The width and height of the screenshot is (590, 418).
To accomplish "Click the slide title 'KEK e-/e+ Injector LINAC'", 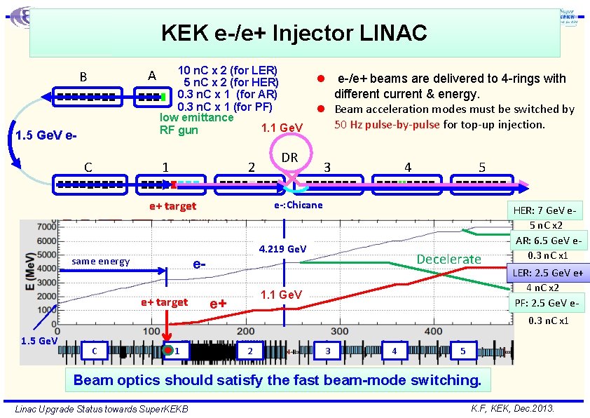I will tap(294, 33).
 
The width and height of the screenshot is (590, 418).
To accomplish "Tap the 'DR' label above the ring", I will tap(289, 158).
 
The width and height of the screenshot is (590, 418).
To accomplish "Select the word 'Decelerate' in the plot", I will tap(448, 259).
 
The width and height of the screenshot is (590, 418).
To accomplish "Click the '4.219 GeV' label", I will tap(282, 249).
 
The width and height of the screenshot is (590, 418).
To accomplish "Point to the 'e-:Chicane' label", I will tap(298, 205).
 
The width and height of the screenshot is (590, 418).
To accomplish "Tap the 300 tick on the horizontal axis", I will tap(339, 331).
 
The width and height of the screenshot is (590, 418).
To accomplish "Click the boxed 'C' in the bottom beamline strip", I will tap(95, 350).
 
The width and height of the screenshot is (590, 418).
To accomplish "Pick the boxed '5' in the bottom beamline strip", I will tap(462, 350).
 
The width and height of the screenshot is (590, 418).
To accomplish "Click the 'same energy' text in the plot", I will tap(101, 262).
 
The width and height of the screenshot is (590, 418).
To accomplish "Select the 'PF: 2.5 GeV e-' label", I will tap(550, 303).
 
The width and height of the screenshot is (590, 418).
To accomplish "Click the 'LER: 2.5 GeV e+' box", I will tap(550, 272).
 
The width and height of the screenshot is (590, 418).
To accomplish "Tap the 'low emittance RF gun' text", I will tap(196, 124).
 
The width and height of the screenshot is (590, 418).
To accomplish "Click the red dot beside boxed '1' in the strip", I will tap(168, 350).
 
